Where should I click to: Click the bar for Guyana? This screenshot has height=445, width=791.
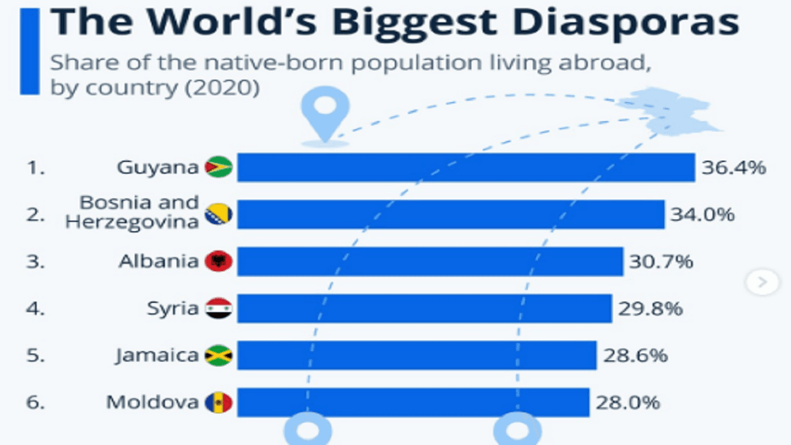coord(466,167)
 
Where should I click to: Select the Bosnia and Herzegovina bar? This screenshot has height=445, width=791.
coord(451,214)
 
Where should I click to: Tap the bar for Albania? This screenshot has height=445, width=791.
coord(430,261)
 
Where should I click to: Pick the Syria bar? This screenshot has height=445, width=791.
coord(425,308)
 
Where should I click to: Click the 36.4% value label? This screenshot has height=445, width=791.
coord(734,167)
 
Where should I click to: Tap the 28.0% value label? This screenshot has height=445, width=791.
coord(628,403)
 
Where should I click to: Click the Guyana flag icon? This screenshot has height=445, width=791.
coord(219,167)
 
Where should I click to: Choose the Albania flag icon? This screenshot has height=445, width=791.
coord(219,261)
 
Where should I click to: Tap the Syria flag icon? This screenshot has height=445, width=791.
coord(219,308)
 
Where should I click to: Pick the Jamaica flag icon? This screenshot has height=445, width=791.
coord(219,356)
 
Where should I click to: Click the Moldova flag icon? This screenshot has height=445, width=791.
coord(219,403)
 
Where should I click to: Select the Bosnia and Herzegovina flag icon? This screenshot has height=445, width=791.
coord(219,214)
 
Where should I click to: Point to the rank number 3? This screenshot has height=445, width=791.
coord(36,261)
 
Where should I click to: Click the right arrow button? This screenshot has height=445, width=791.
coord(762,282)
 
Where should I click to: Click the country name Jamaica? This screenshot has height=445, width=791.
coord(157,356)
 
